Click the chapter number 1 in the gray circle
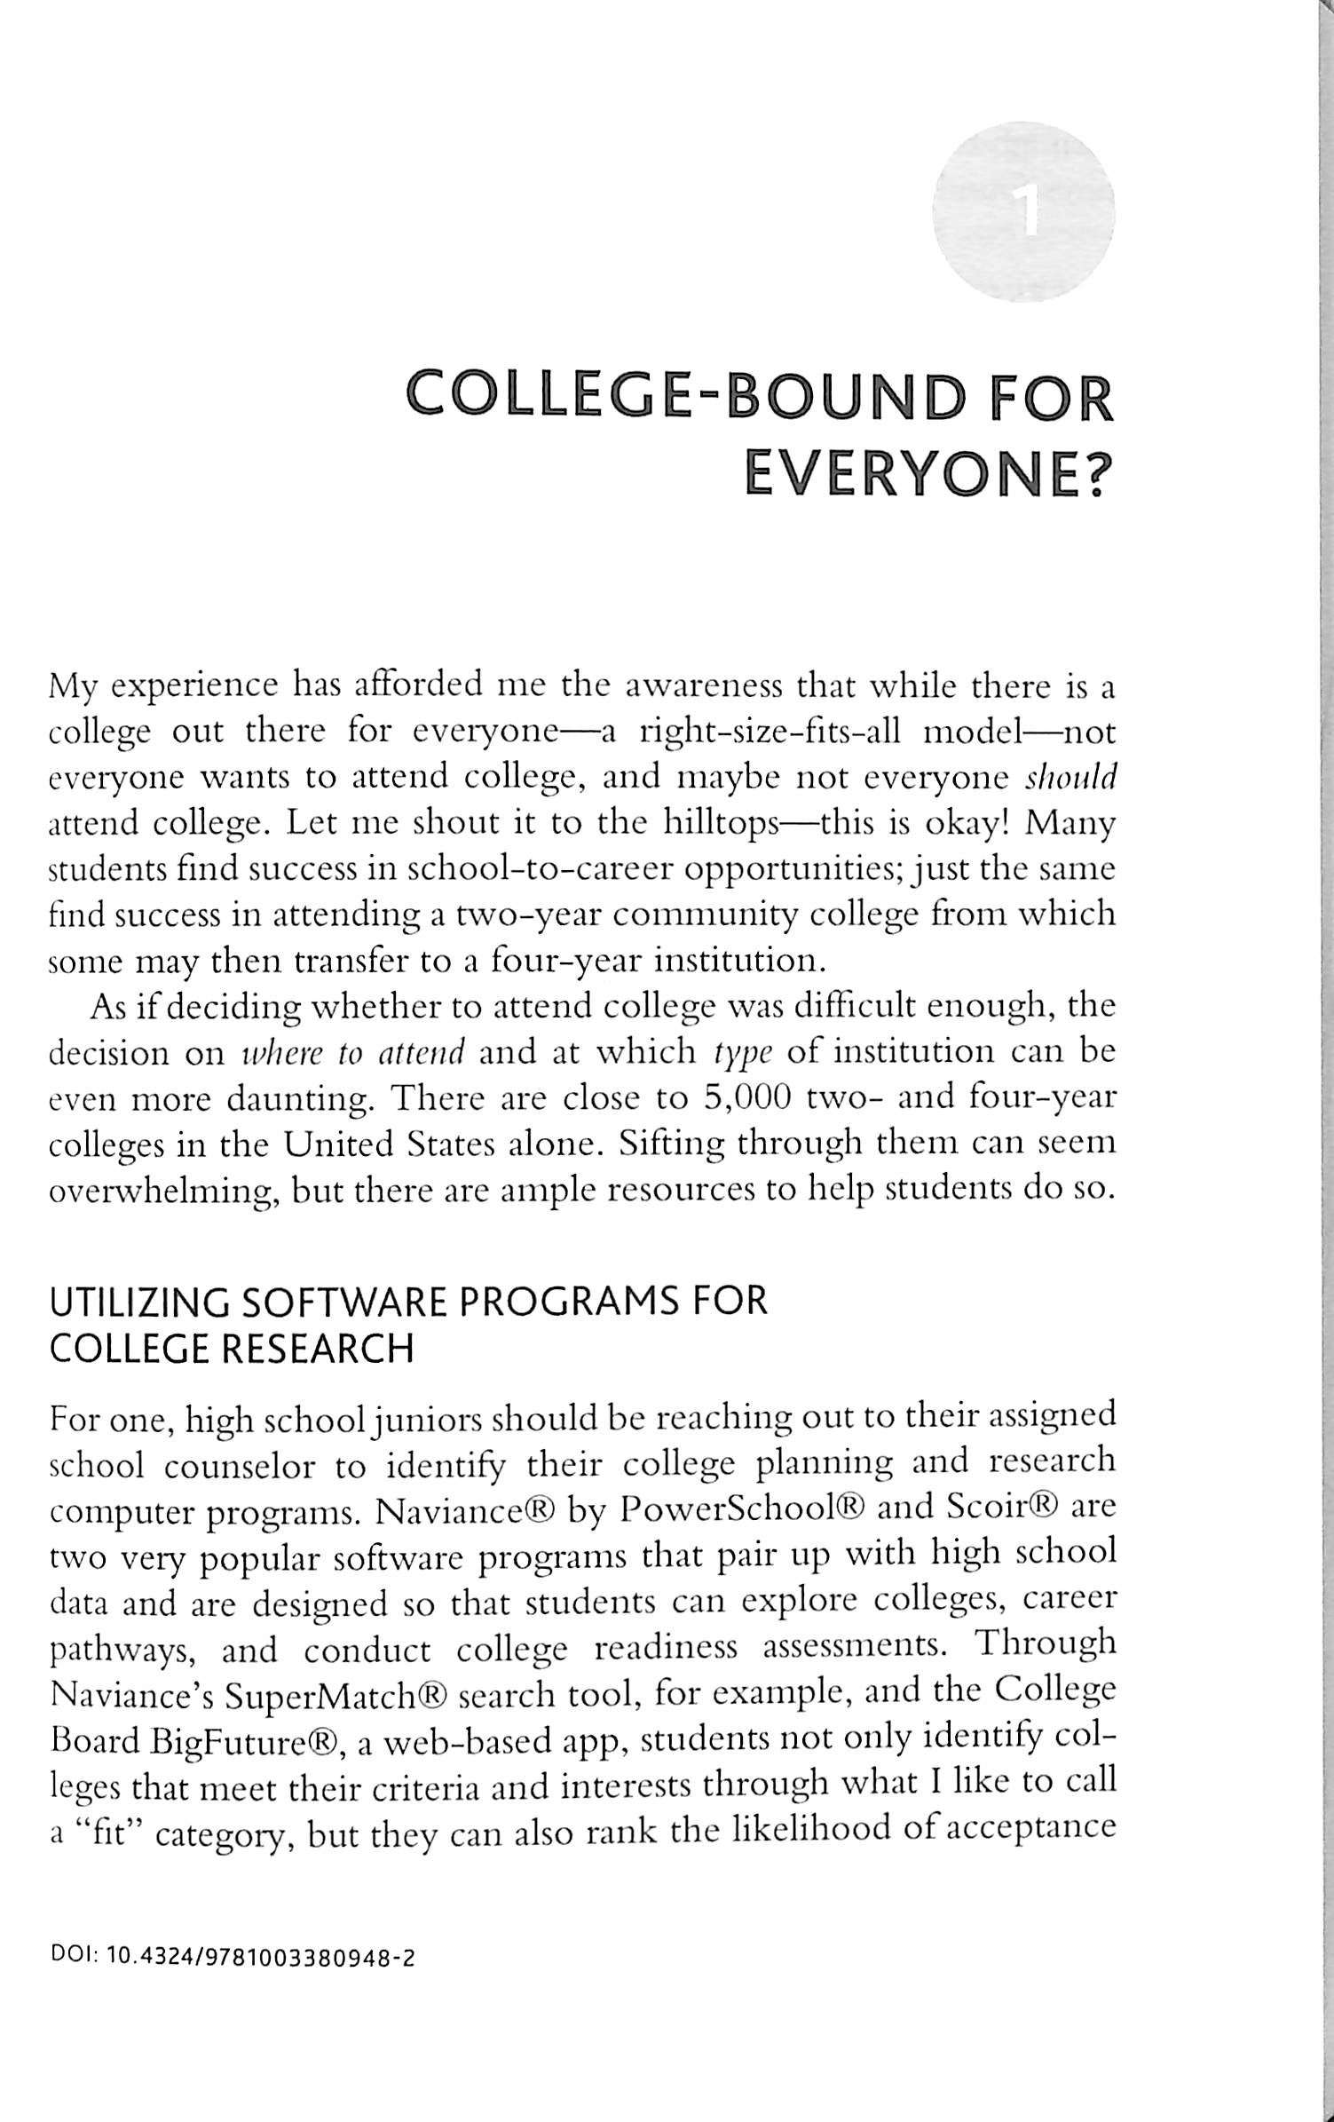[1028, 213]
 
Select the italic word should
[1070, 777]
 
